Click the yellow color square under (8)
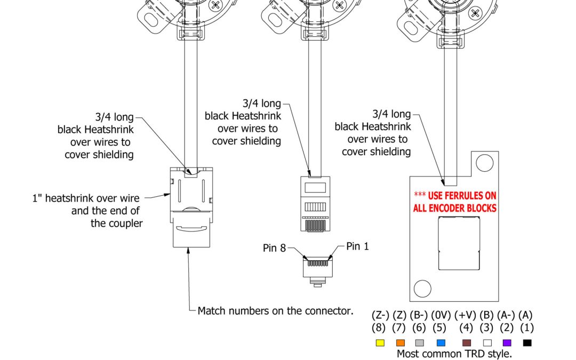coord(380,343)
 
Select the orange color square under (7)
coord(401,343)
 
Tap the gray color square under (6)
coord(420,343)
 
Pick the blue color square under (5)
coord(441,343)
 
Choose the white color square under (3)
coord(486,343)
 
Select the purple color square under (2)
coord(507,343)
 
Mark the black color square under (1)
coord(527,343)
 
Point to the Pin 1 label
coord(357,246)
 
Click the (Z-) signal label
coord(380,315)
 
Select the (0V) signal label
coord(441,315)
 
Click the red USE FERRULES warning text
coord(455,202)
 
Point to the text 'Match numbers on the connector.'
coord(275,310)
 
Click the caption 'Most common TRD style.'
coord(454,353)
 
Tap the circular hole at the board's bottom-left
coord(422,288)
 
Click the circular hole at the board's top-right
coord(485,162)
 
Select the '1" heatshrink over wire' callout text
coord(85,198)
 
